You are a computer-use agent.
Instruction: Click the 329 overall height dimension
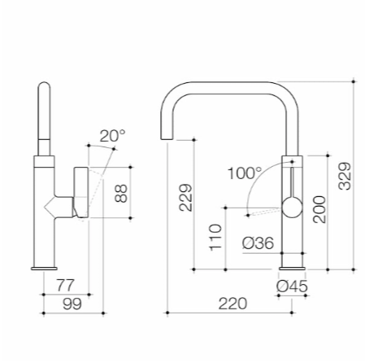pos(345,176)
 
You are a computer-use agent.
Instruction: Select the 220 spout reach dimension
pos(232,304)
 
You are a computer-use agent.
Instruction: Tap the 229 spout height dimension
pos(185,198)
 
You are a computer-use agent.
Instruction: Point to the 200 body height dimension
pos(319,209)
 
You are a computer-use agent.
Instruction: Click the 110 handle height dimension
pos(215,238)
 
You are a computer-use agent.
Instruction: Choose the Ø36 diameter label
pos(259,243)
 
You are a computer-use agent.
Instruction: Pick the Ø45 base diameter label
pos(292,286)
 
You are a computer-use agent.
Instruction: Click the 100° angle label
pos(245,173)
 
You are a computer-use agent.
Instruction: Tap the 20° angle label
pos(112,136)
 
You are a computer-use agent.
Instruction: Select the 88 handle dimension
pos(121,193)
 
